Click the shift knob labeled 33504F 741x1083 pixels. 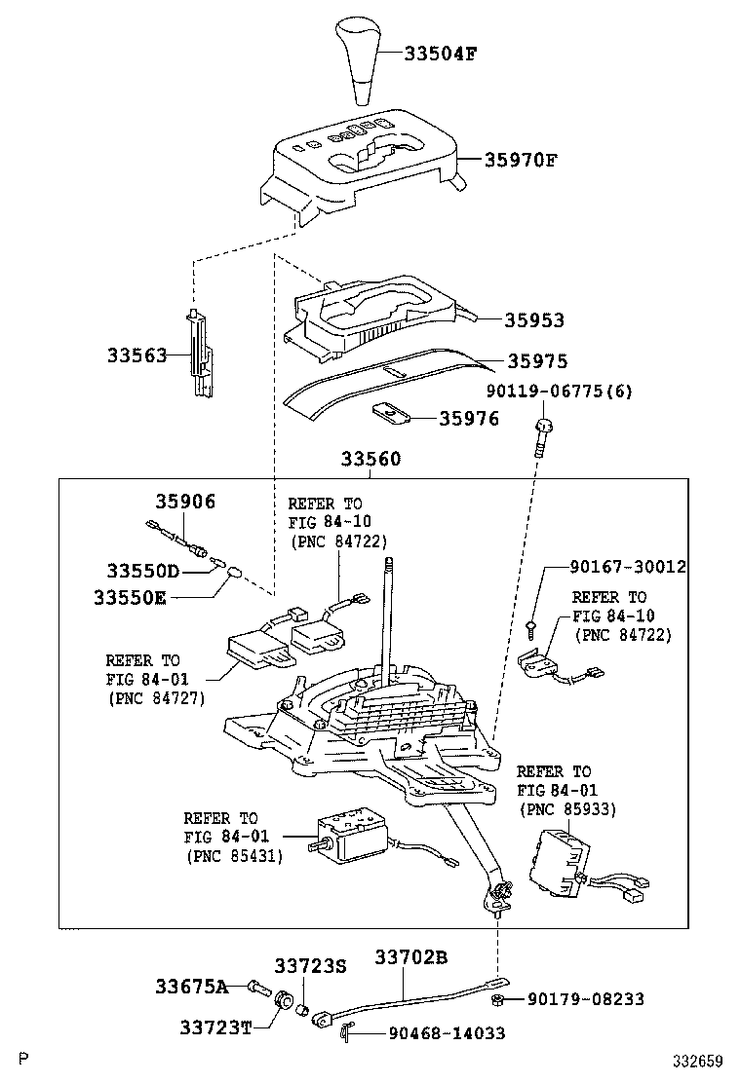[361, 60]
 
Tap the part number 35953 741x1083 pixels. [534, 319]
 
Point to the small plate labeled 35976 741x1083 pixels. [392, 414]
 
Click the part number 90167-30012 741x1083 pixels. [628, 567]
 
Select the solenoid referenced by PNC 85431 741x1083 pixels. [349, 834]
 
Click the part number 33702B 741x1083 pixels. [410, 958]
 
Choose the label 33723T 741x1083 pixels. [214, 1027]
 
